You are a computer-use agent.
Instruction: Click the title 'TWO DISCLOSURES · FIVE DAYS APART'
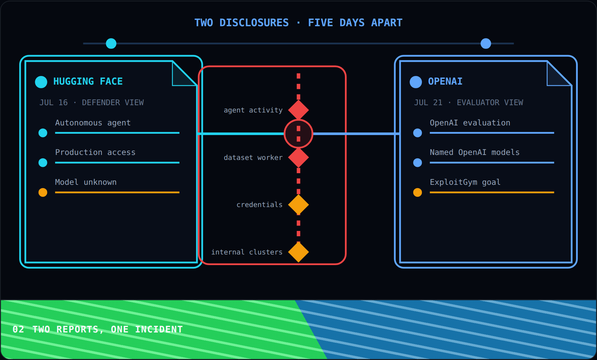click(298, 23)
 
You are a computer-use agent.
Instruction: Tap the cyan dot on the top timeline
click(111, 43)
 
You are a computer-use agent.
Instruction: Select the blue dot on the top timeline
click(486, 43)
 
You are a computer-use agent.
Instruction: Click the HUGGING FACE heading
click(88, 81)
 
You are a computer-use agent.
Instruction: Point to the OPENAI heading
click(445, 81)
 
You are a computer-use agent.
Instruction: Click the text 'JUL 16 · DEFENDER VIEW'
click(92, 103)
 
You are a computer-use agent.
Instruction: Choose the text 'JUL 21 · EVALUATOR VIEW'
click(468, 103)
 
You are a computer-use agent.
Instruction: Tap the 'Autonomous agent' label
click(93, 123)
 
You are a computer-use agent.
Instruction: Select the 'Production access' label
click(95, 152)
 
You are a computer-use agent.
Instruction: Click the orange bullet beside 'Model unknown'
click(43, 192)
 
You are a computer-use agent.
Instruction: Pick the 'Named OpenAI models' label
click(475, 152)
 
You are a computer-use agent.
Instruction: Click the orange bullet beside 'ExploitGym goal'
click(418, 192)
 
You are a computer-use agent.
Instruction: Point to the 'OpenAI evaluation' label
click(470, 123)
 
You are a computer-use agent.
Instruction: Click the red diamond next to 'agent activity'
click(298, 110)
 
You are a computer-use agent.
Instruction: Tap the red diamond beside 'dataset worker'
click(298, 158)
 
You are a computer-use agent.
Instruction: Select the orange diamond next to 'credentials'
click(298, 205)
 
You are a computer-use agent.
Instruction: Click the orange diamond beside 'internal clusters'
click(298, 252)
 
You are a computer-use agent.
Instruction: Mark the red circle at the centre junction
click(298, 134)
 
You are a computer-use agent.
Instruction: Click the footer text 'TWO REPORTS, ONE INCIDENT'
click(107, 329)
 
